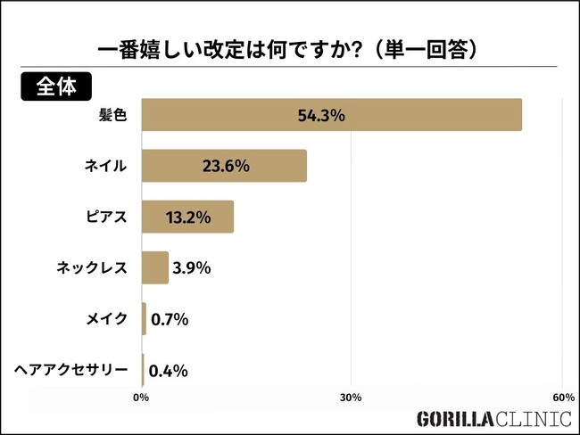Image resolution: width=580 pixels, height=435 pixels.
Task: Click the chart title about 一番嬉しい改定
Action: coord(290,49)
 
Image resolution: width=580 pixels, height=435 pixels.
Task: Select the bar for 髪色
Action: coord(331,115)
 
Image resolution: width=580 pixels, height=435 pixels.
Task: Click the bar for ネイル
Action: coord(224,166)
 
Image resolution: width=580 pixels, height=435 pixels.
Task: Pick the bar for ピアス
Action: coord(187,217)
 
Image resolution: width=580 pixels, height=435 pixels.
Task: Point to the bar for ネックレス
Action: coord(155,267)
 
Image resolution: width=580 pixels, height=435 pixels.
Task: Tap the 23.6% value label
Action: coord(224,166)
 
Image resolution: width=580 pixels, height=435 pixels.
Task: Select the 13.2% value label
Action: coord(188,217)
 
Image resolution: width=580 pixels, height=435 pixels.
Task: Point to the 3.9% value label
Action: coord(191,267)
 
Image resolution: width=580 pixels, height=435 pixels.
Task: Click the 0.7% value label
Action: coord(169,319)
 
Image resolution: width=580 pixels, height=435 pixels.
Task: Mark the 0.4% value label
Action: coord(168,370)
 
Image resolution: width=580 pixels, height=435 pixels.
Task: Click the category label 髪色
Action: coord(114,115)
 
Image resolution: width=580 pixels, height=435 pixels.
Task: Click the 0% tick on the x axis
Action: coord(140,397)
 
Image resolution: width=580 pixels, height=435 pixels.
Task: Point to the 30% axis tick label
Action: coord(351,397)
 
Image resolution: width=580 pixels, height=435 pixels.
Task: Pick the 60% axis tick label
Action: coord(562,397)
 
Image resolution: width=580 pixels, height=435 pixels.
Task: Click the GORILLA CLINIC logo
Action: coord(493,419)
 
